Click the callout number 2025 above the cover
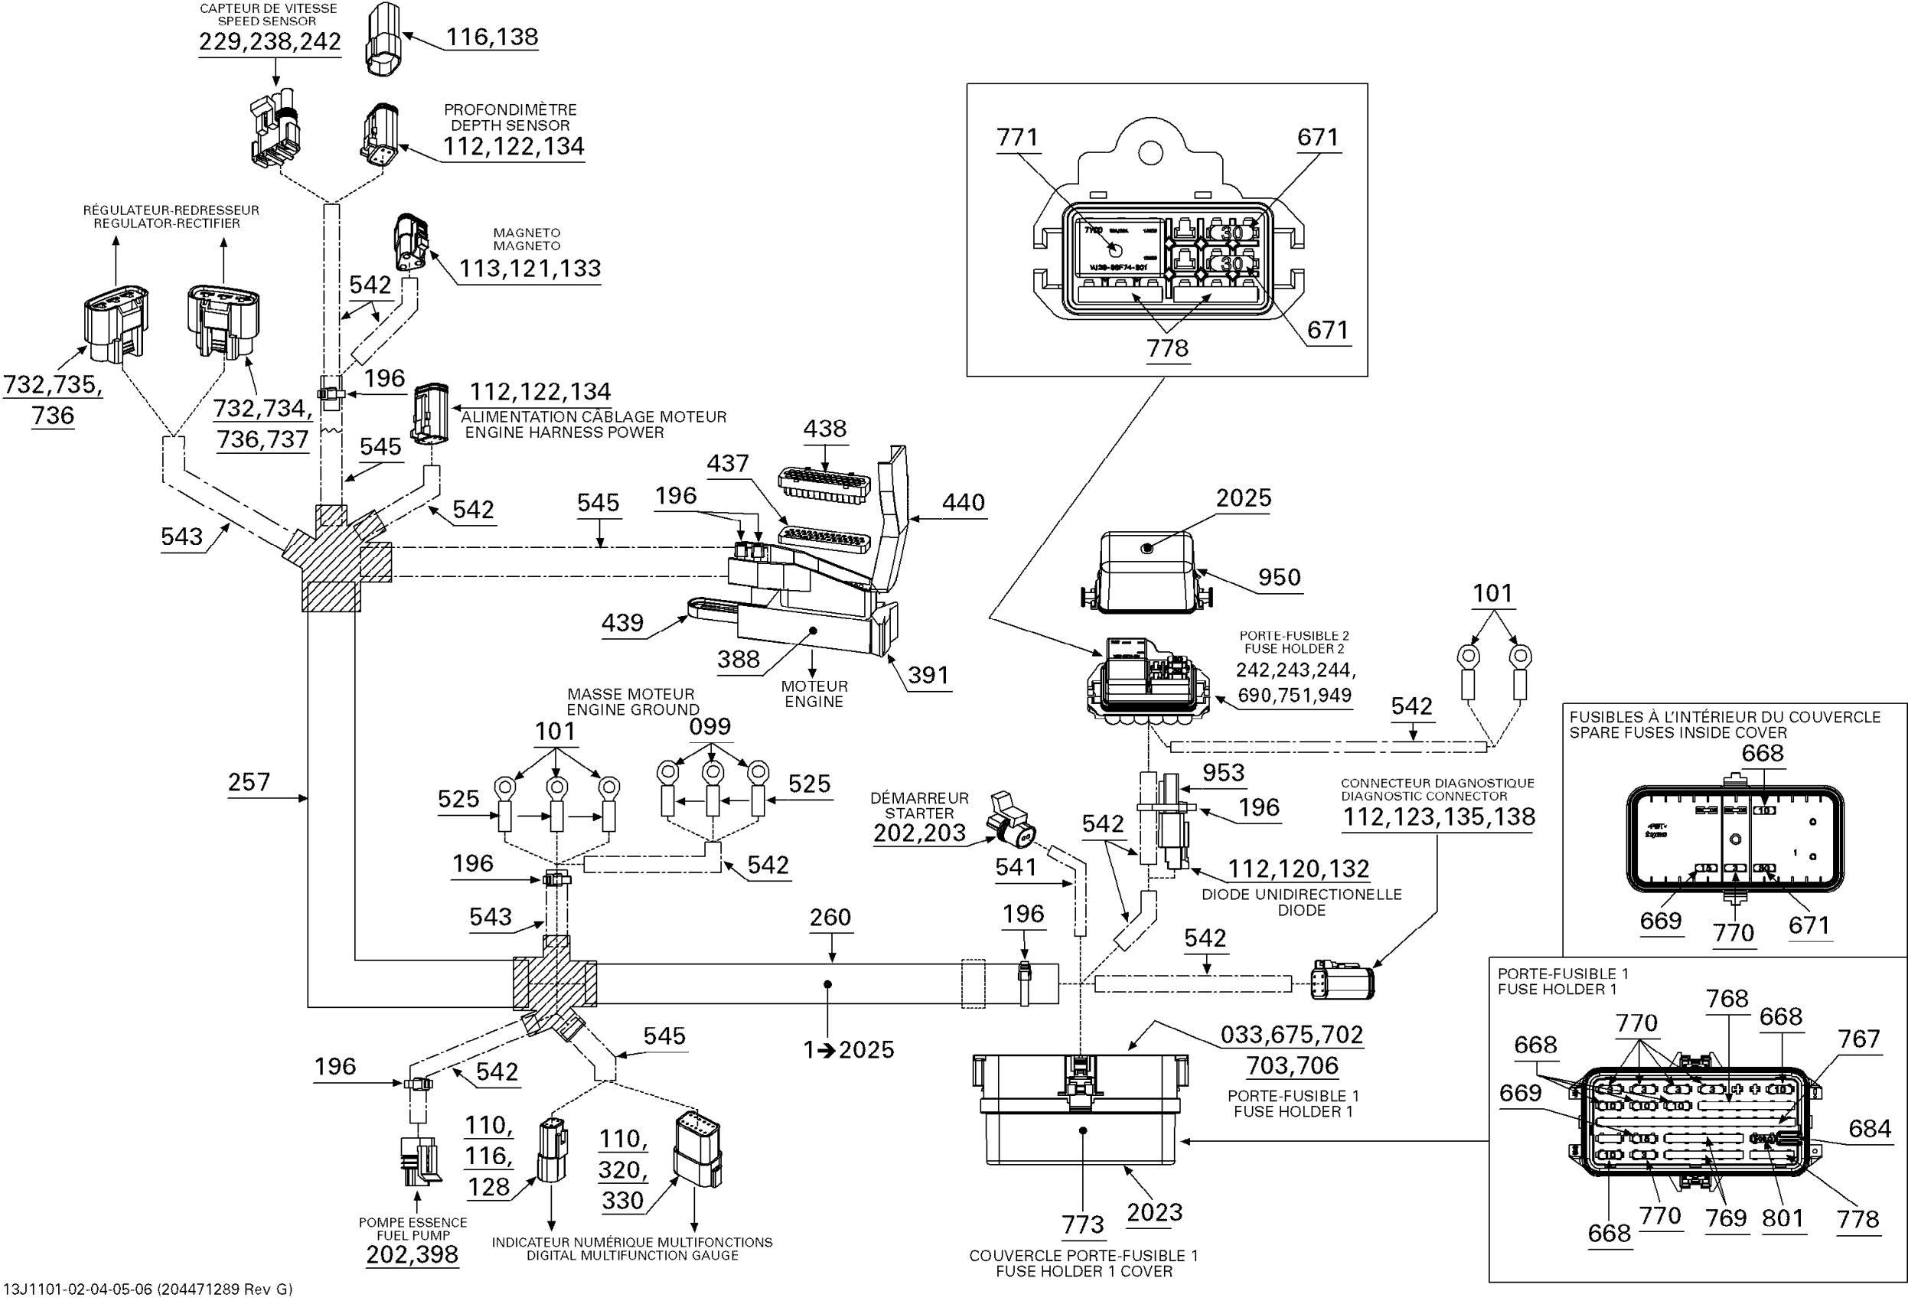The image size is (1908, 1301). click(x=1243, y=498)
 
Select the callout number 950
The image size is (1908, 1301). click(x=1279, y=578)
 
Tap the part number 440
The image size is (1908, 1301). click(x=963, y=502)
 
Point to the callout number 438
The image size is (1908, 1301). click(x=824, y=429)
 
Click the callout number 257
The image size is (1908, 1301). click(x=249, y=782)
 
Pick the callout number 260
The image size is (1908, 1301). click(x=830, y=918)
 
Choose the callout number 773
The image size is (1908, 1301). click(x=1082, y=1224)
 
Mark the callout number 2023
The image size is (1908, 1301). click(x=1154, y=1212)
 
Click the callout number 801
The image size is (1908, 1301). click(x=1782, y=1218)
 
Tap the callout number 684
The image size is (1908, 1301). click(x=1870, y=1129)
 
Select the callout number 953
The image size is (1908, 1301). click(x=1223, y=772)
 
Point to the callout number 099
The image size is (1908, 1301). click(x=709, y=726)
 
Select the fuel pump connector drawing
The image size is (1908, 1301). click(x=418, y=1160)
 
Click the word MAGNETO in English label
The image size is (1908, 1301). click(x=527, y=246)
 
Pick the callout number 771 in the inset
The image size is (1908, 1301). click(x=1017, y=137)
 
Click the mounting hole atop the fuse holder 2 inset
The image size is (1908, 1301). click(x=1150, y=152)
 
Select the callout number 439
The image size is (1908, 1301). click(x=622, y=623)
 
